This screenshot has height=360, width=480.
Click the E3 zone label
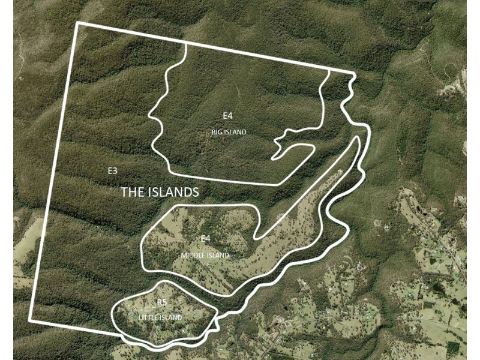(x=112, y=171)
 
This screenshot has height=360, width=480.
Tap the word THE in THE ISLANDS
(x=133, y=193)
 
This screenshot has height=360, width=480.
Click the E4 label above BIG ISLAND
(x=227, y=116)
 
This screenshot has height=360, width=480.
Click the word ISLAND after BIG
(x=235, y=132)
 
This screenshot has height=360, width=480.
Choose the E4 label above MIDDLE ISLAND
(x=205, y=239)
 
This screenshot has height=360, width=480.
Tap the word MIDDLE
(x=192, y=256)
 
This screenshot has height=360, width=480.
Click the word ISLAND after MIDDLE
(x=218, y=256)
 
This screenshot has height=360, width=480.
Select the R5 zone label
(x=162, y=302)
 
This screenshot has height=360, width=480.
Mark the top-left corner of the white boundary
(x=77, y=24)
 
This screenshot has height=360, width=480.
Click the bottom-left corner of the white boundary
(x=30, y=320)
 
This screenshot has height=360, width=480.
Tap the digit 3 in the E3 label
(x=115, y=171)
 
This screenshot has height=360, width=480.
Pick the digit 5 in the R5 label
(x=164, y=302)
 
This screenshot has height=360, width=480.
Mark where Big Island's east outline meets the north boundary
(x=329, y=69)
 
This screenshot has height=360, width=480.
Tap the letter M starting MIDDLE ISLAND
(x=183, y=256)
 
